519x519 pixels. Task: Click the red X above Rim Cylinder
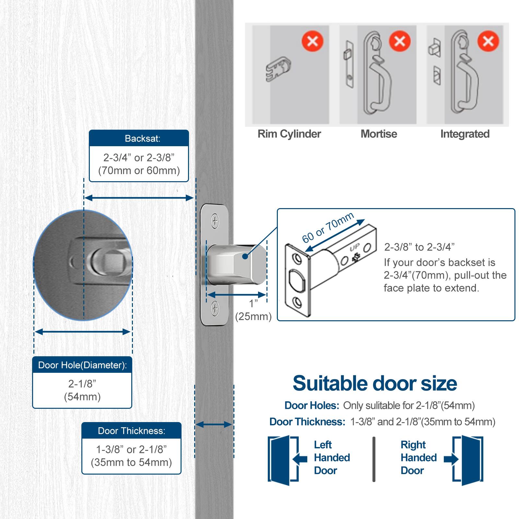[313, 41]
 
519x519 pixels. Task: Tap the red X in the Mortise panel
[400, 41]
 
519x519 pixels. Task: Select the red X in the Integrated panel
[488, 41]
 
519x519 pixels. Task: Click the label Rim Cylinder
[289, 134]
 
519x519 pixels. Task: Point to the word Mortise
[379, 134]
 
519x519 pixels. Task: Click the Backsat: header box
[139, 138]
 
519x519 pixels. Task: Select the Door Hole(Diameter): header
[82, 365]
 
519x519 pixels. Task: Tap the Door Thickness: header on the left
[131, 431]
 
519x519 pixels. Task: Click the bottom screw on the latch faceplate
[215, 308]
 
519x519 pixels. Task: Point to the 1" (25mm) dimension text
[253, 310]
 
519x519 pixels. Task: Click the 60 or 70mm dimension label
[327, 228]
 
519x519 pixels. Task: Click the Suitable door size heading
[375, 383]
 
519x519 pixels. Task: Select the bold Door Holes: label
[312, 406]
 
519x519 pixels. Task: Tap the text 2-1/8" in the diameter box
[82, 384]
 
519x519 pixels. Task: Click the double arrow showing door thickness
[214, 424]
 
